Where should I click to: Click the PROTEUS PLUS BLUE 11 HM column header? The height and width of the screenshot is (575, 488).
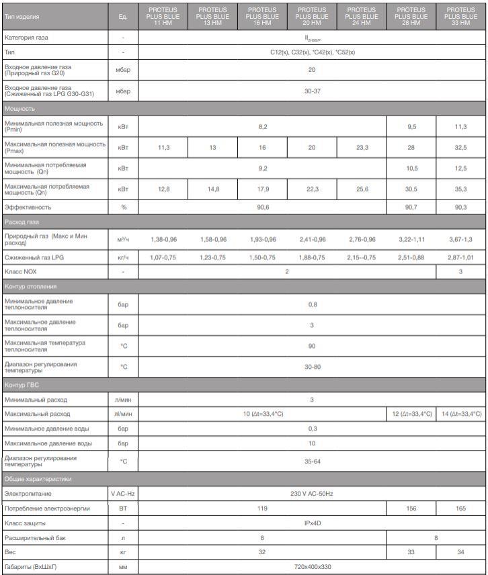163,16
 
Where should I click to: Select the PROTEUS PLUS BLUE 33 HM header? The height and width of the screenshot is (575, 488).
460,16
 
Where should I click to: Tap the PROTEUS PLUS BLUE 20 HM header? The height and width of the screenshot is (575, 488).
312,16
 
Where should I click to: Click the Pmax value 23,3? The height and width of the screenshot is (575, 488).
362,147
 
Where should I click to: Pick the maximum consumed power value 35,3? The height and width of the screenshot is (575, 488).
460,189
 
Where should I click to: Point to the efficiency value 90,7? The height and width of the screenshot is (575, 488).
411,208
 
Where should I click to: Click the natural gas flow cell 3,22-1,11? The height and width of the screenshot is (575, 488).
411,239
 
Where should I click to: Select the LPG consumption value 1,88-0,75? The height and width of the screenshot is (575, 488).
312,257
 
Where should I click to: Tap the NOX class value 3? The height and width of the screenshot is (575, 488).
460,272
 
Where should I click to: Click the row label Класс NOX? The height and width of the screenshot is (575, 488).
21,272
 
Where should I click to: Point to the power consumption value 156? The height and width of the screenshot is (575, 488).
411,508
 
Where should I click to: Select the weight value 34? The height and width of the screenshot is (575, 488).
460,552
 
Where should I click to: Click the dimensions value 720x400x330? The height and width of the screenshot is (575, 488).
312,568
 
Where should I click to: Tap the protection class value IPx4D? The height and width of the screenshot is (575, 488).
312,523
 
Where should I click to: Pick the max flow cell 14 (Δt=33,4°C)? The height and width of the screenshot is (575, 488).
460,414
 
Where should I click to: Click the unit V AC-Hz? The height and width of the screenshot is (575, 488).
123,494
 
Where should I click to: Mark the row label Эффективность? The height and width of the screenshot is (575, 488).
28,208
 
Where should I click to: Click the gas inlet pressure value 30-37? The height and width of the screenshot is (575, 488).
312,91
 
